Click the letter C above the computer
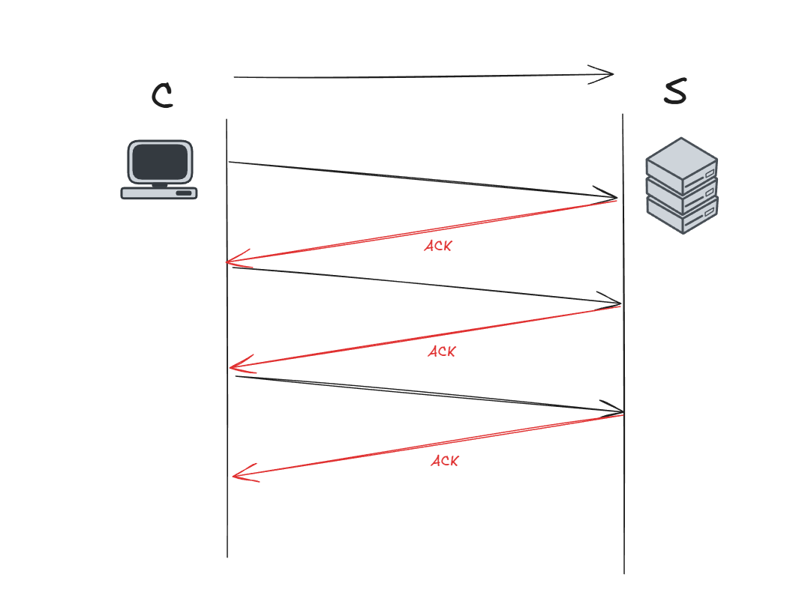[x=162, y=95]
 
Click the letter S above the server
[x=675, y=91]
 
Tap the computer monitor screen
[x=159, y=161]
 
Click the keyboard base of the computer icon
[x=159, y=193]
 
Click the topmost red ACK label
[x=438, y=245]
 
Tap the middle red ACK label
[x=442, y=351]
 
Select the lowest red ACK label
[x=444, y=461]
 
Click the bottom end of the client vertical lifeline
[x=227, y=556]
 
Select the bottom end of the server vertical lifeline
[x=624, y=573]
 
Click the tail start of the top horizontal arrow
[x=235, y=77]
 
